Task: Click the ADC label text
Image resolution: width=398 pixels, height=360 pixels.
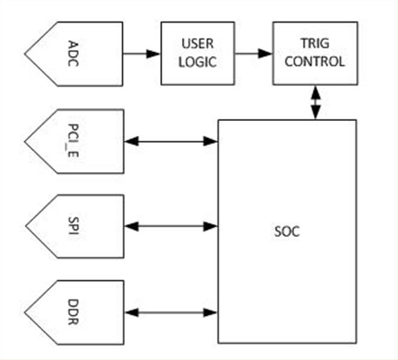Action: (73, 53)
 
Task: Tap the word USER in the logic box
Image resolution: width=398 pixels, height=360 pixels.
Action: (198, 43)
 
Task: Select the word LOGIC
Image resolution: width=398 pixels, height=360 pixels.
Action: (198, 62)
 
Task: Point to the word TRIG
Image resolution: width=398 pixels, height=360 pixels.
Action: (315, 43)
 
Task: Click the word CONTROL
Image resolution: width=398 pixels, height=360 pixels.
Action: (315, 61)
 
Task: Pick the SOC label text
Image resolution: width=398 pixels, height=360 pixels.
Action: (287, 231)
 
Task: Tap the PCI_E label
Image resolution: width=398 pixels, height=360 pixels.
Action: (73, 140)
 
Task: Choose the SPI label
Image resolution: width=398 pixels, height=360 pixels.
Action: (73, 226)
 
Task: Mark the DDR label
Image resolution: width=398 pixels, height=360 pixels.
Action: (73, 312)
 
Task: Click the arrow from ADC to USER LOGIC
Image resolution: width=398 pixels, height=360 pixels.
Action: (141, 53)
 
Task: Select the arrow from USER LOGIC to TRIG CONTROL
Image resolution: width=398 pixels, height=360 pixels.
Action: (253, 53)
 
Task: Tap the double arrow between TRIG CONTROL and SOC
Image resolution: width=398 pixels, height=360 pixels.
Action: (316, 102)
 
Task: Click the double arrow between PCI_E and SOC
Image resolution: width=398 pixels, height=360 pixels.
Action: (171, 142)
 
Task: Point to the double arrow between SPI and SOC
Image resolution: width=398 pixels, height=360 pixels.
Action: (171, 226)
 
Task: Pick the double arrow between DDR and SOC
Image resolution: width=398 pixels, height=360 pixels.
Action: (171, 312)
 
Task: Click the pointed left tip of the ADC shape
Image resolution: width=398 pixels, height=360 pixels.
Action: (25, 53)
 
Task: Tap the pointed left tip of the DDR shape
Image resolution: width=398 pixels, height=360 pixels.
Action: (25, 312)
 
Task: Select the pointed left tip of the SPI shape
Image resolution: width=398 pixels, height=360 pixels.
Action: (26, 226)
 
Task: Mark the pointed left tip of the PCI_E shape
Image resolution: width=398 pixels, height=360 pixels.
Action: (25, 142)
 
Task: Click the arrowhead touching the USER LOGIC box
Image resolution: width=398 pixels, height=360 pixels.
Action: (154, 53)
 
